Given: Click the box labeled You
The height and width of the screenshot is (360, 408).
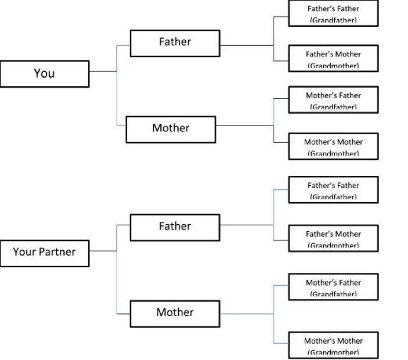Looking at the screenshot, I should [44, 74].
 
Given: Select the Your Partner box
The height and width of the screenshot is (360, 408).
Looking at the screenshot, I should [44, 253].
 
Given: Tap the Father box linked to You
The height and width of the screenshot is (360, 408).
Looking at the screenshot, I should [175, 42].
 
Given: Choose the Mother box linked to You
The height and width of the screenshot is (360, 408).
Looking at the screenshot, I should [171, 129].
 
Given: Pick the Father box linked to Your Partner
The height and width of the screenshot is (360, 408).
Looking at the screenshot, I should [175, 227].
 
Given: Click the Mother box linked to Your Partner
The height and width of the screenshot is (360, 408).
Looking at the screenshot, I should [175, 314].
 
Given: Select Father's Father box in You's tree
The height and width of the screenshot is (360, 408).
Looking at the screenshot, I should [333, 13].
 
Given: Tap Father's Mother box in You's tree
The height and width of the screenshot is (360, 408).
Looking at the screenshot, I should [333, 58].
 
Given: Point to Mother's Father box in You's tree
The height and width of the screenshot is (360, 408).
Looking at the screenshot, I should [333, 99].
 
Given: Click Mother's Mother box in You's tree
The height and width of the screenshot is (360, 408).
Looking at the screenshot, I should [333, 146].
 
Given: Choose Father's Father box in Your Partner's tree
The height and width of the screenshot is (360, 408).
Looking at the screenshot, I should [333, 190].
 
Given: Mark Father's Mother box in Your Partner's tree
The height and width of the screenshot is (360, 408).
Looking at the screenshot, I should [333, 238].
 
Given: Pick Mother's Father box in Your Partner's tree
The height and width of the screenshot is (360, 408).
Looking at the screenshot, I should [333, 287].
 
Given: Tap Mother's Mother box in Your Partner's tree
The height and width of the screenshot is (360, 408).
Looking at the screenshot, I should [333, 345].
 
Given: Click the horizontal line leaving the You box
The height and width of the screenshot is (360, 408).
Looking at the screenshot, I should [103, 71].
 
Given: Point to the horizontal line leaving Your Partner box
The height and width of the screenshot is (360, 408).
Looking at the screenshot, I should [103, 251].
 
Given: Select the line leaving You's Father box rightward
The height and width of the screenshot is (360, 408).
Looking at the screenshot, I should [247, 45].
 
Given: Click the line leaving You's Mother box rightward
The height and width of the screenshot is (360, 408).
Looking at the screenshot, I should [244, 125].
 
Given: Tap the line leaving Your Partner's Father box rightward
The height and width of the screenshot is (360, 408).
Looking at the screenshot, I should [247, 225].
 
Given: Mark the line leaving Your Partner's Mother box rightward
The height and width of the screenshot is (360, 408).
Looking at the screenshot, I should [247, 314].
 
